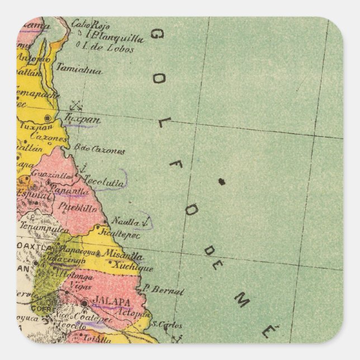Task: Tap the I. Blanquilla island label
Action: pos(115,37)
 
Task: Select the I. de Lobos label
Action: pos(109,49)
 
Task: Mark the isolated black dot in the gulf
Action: pos(221,181)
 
